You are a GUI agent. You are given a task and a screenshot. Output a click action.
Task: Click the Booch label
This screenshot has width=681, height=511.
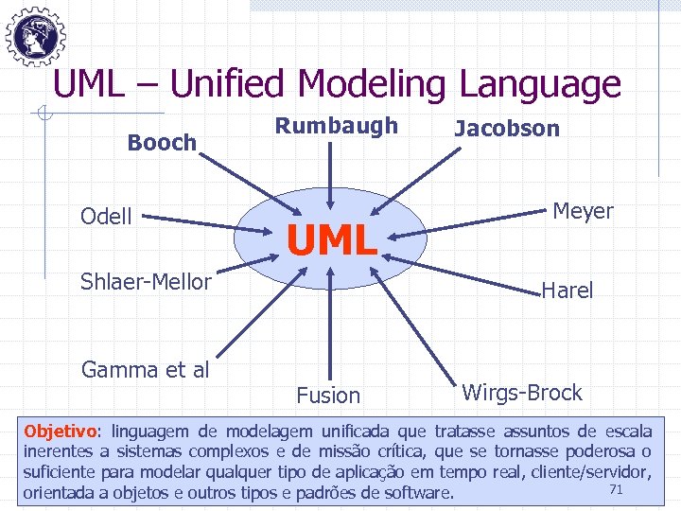(162, 143)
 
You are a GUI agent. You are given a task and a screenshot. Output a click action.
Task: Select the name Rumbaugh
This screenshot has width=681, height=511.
(337, 126)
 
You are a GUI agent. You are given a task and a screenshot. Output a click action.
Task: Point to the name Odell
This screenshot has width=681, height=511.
(106, 217)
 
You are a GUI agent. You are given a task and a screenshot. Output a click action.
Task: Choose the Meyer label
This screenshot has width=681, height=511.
(583, 211)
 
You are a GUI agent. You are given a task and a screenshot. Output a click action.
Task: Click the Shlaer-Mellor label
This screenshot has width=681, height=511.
(146, 281)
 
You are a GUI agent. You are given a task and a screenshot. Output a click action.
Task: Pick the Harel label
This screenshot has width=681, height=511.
(567, 291)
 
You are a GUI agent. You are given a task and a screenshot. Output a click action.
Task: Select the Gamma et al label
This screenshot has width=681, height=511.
(145, 369)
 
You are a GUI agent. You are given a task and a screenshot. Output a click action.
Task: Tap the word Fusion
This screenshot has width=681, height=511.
(328, 396)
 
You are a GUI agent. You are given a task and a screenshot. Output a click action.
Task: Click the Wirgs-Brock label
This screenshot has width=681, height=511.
(522, 392)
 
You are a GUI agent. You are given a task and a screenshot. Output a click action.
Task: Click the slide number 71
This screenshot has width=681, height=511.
(616, 488)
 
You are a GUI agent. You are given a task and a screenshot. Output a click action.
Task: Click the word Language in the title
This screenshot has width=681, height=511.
(540, 85)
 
